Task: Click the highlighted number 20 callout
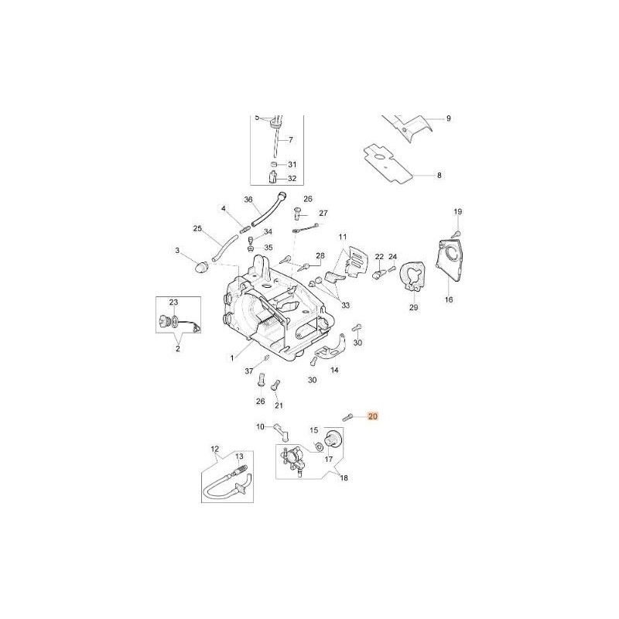tap(373, 416)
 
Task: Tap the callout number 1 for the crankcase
tap(232, 358)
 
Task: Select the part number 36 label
tap(248, 200)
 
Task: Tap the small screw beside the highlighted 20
tap(347, 417)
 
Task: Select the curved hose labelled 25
tap(224, 248)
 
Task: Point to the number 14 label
tap(334, 371)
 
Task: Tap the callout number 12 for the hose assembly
tap(215, 449)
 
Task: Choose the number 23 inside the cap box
tap(173, 303)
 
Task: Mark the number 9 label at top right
tap(449, 118)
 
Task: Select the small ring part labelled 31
tap(274, 164)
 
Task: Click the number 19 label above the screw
tap(457, 212)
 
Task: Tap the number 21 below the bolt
tap(279, 405)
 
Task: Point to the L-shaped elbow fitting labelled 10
tap(281, 432)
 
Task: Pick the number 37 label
tap(249, 371)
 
